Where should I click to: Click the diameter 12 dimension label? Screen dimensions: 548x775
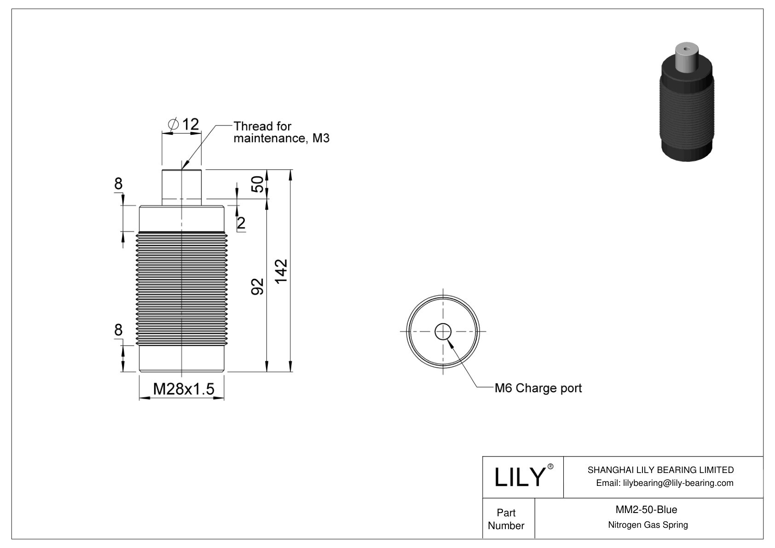tap(184, 124)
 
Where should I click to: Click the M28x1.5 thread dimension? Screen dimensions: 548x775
tap(184, 389)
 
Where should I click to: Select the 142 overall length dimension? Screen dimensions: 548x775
tap(281, 271)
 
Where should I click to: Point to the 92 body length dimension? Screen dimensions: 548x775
tap(258, 286)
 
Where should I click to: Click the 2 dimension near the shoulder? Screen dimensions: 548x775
tap(241, 224)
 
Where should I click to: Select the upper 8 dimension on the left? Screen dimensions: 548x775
tap(118, 184)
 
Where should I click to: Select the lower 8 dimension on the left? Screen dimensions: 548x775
tap(118, 330)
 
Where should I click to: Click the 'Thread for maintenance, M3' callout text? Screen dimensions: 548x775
tap(281, 132)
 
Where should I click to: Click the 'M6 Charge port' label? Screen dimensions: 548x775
tap(538, 388)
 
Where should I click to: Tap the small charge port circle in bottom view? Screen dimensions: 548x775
tap(443, 331)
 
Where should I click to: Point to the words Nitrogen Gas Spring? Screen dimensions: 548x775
tap(648, 525)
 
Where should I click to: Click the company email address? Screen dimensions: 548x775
tap(664, 483)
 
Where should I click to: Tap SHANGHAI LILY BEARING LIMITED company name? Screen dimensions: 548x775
tap(660, 470)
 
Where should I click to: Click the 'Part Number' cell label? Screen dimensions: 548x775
tap(506, 519)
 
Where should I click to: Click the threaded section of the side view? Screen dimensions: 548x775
tap(182, 288)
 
